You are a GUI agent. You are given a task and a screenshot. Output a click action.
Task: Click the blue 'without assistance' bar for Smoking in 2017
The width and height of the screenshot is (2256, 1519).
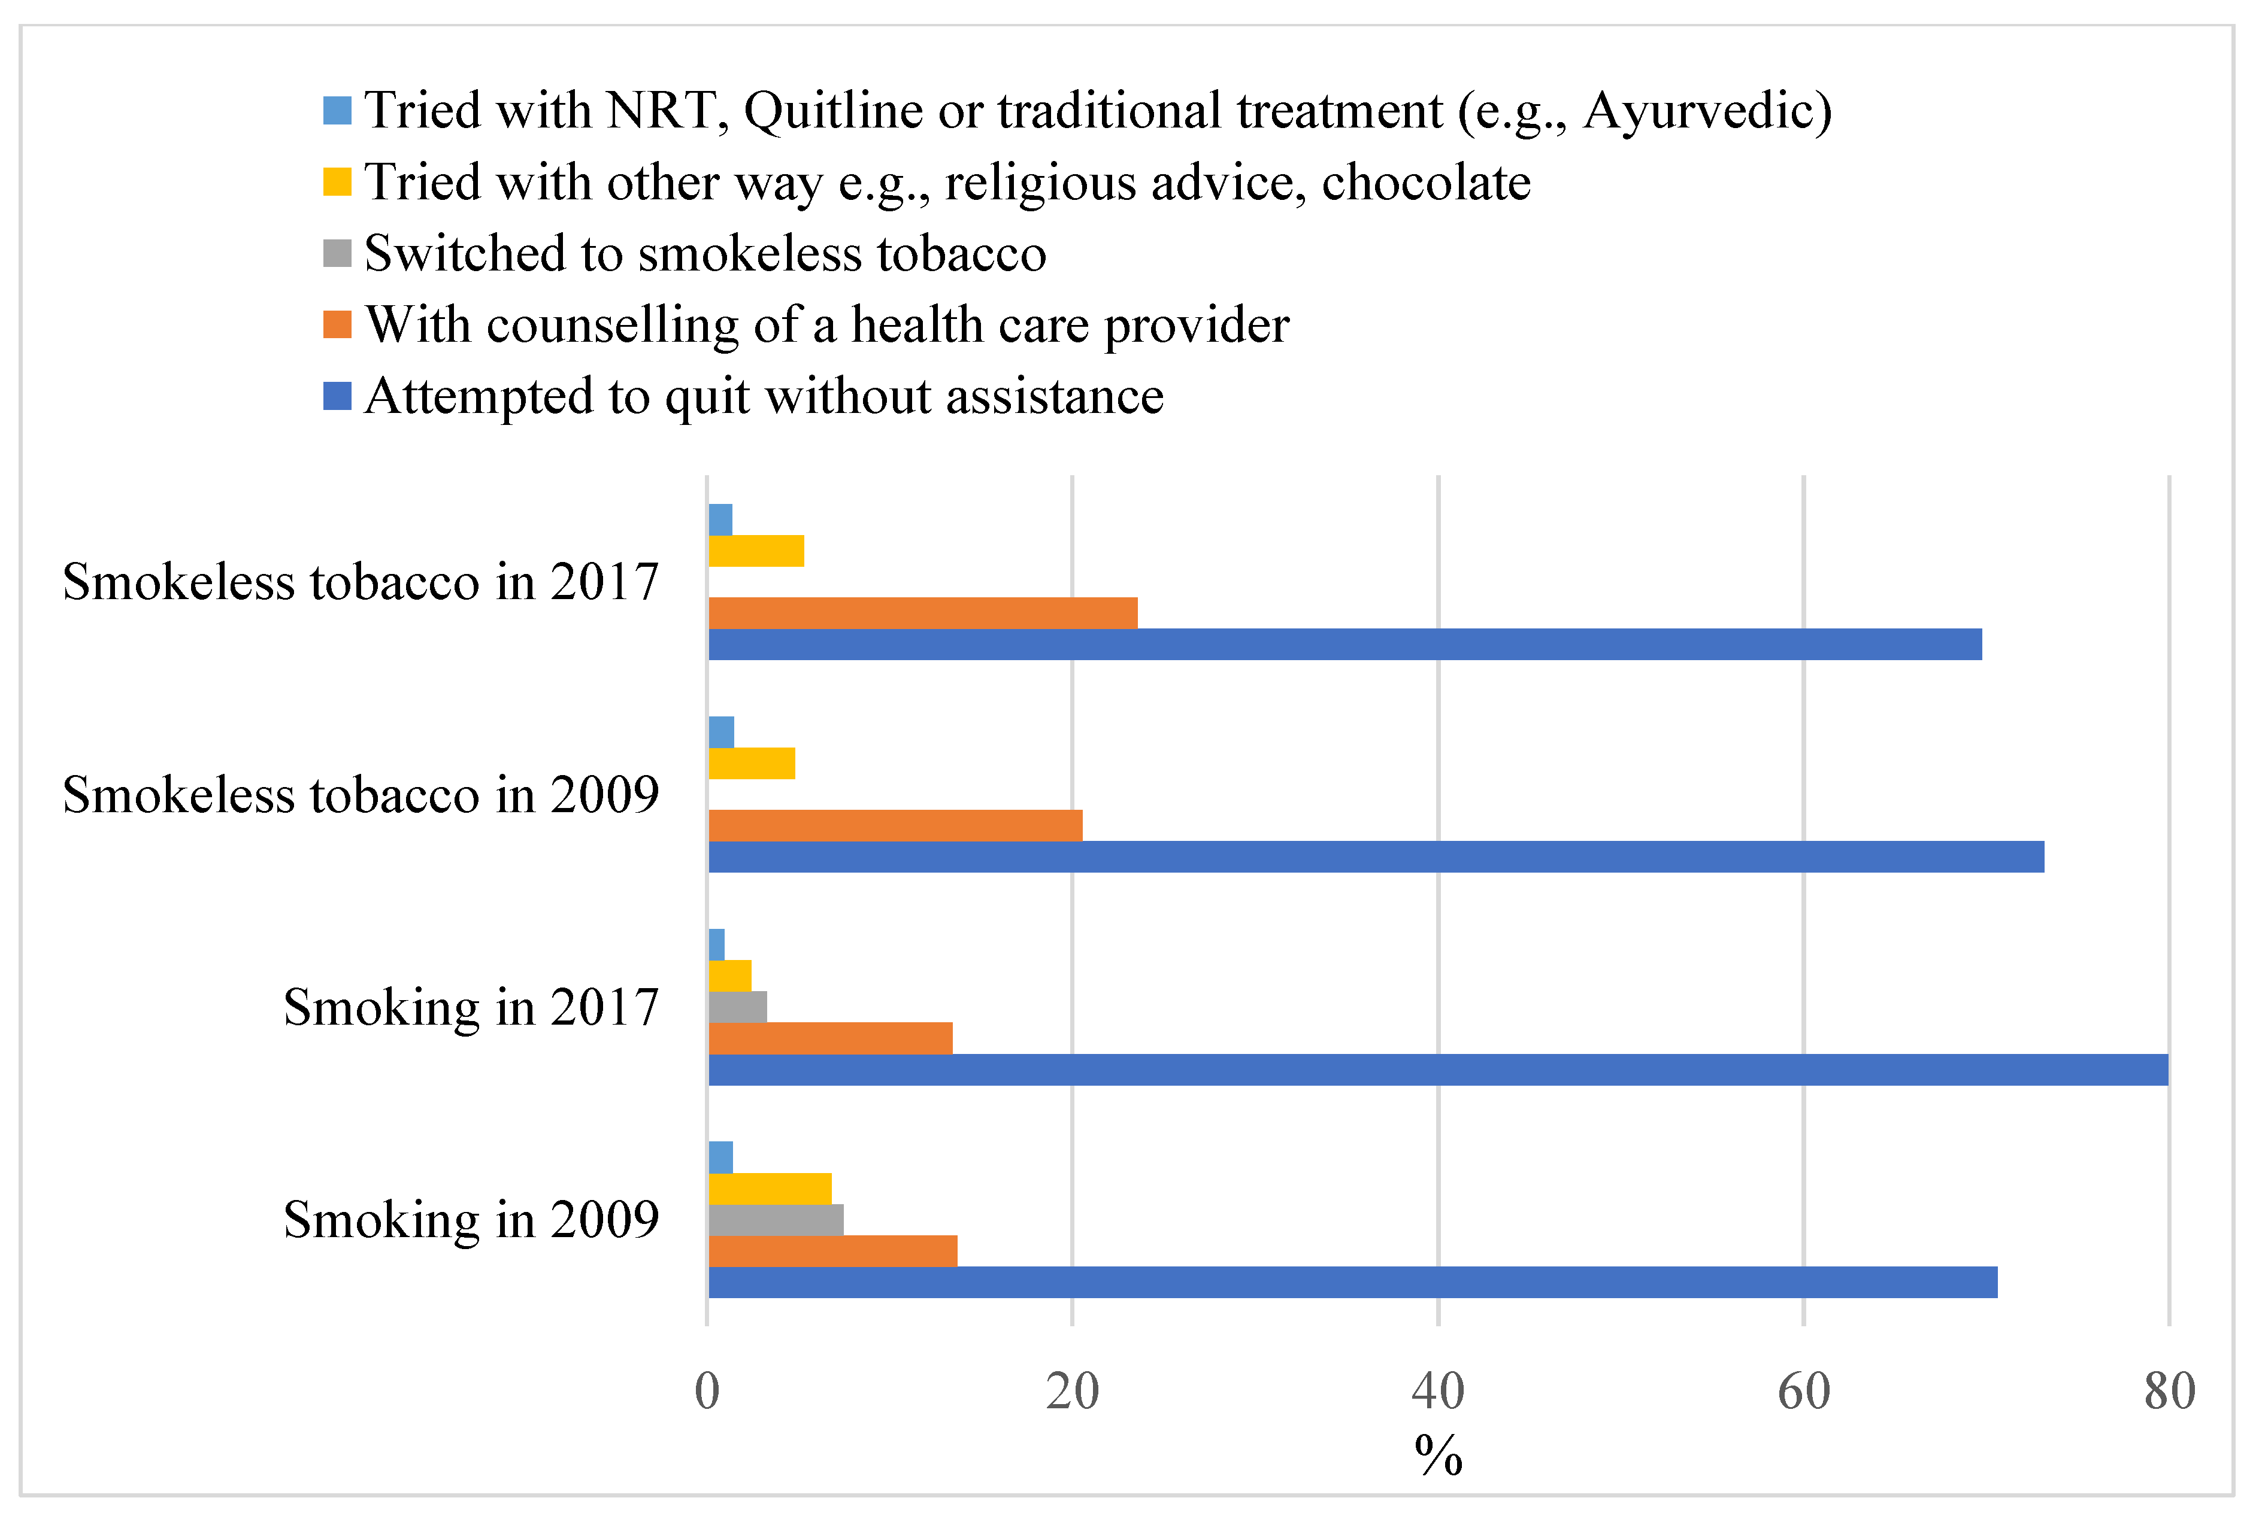tap(1437, 1070)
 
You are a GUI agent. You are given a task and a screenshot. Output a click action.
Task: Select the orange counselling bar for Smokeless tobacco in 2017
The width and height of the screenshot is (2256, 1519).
tap(922, 613)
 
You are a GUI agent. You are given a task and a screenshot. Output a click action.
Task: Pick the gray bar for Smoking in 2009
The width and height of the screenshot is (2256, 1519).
tap(776, 1220)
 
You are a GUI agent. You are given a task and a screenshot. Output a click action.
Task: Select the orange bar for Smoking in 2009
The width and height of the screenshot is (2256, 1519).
tap(832, 1251)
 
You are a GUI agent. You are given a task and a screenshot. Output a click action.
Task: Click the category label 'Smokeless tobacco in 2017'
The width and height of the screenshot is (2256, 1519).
tap(361, 582)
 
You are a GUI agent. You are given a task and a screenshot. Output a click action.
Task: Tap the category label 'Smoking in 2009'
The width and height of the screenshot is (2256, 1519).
tap(471, 1220)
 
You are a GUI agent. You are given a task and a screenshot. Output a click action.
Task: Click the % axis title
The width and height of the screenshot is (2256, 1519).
tap(1437, 1457)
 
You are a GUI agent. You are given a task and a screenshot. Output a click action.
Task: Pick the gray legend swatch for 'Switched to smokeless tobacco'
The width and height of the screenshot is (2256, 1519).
tap(336, 254)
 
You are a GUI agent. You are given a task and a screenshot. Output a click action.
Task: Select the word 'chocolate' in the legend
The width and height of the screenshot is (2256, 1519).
tap(1425, 182)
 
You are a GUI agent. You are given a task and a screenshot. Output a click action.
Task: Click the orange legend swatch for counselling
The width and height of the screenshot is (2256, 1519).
tap(336, 324)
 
